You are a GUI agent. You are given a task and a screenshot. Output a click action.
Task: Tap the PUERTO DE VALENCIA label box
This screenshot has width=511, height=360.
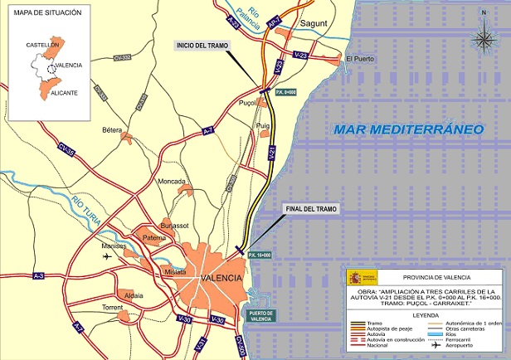pyautogui.click(x=266, y=314)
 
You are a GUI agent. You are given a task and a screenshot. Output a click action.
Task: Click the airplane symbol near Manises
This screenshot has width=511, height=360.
pyautogui.click(x=108, y=256)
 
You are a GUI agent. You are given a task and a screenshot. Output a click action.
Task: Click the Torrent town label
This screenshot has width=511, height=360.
pyautogui.click(x=111, y=307)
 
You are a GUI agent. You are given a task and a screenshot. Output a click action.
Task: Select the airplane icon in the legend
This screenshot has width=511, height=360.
pyautogui.click(x=434, y=344)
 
